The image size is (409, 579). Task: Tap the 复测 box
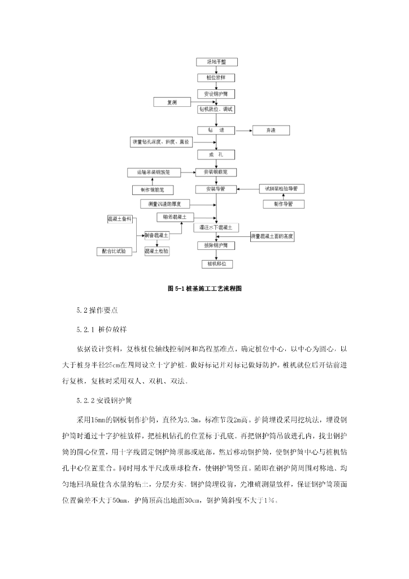[x=173, y=102]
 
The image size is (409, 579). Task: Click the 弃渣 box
[x=271, y=131]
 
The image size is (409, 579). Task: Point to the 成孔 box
[x=216, y=154]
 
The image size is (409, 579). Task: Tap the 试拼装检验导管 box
[x=282, y=188]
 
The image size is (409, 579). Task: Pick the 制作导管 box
[x=282, y=204]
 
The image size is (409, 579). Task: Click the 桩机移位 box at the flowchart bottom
[x=216, y=263]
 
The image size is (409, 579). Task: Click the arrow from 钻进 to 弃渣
[x=243, y=131]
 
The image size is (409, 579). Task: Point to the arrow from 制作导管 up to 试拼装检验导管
[x=282, y=196]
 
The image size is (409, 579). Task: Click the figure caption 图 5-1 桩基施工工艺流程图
[x=204, y=288]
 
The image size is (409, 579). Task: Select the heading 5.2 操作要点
[x=97, y=310]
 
